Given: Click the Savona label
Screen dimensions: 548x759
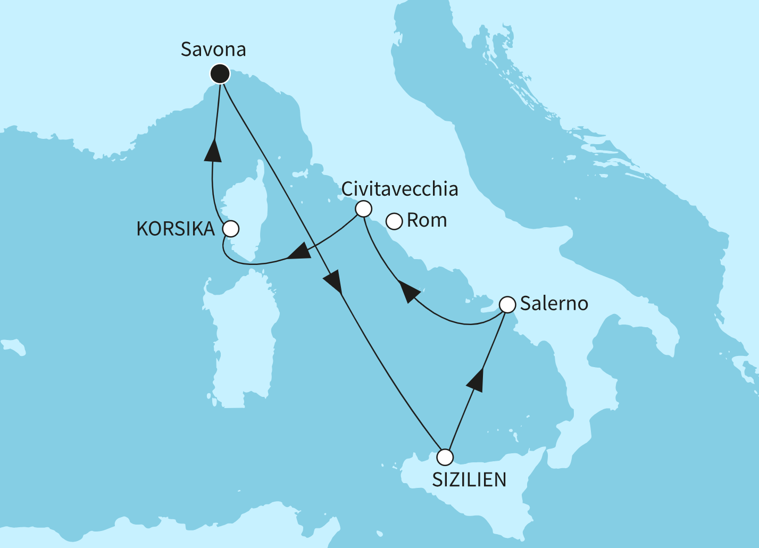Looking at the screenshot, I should pyautogui.click(x=213, y=49).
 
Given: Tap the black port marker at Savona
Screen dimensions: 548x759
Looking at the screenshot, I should pyautogui.click(x=220, y=73).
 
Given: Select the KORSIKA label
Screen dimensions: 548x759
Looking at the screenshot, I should pyautogui.click(x=176, y=229).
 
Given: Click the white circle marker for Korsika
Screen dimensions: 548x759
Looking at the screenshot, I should pyautogui.click(x=231, y=229).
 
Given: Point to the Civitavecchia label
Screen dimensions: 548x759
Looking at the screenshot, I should pyautogui.click(x=399, y=189).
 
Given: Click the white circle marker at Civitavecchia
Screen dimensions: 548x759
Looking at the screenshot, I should pyautogui.click(x=363, y=209).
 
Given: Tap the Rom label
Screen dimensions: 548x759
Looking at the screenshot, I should pyautogui.click(x=427, y=220).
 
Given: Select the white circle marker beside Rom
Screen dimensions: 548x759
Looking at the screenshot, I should pyautogui.click(x=394, y=221).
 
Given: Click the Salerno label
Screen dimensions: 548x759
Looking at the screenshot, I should pyautogui.click(x=554, y=304).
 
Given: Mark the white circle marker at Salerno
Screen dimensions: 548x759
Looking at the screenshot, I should pyautogui.click(x=508, y=305).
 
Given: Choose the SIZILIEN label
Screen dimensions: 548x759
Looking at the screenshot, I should pyautogui.click(x=469, y=480).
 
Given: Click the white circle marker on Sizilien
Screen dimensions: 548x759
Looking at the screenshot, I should pyautogui.click(x=445, y=457).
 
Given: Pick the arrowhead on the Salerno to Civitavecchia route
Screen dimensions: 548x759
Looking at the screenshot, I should pyautogui.click(x=409, y=291).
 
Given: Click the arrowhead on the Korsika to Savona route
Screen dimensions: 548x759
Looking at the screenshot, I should pyautogui.click(x=213, y=150).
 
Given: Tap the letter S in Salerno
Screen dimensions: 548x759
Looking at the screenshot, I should pyautogui.click(x=525, y=304).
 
